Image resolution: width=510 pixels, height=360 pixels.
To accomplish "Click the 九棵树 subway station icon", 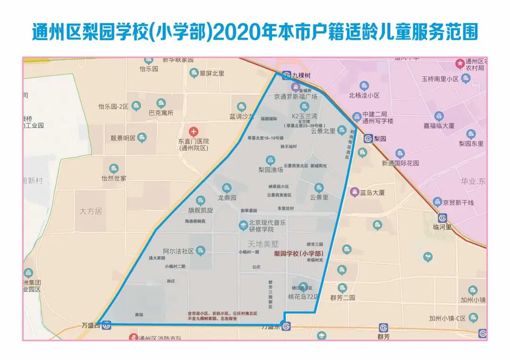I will click(x=286, y=75).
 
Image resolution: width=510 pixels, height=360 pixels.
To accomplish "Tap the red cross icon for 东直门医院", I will click(x=194, y=131).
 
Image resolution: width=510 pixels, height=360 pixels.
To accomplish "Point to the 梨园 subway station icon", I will click(x=368, y=139).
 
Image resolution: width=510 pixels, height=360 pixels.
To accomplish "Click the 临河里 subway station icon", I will click(x=442, y=218).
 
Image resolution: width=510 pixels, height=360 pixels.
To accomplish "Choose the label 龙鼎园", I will click(x=227, y=198).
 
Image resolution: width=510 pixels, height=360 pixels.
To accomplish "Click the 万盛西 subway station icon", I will click(x=107, y=325).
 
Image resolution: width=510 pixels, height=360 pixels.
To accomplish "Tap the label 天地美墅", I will click(x=264, y=244).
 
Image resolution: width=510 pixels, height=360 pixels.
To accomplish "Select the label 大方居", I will click(x=91, y=211).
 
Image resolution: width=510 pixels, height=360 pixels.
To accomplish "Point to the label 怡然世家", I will click(x=114, y=178).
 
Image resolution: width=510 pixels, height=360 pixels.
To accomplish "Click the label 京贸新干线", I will click(x=458, y=202).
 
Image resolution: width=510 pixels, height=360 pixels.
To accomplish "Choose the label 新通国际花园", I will click(x=400, y=163).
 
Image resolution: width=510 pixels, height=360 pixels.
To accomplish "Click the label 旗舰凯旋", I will click(x=201, y=210).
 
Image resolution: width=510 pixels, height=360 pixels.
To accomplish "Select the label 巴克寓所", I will click(x=161, y=113).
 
